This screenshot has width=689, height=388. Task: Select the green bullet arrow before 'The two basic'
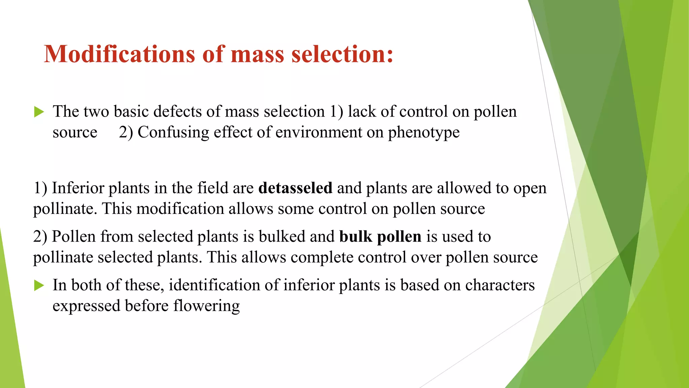point(39,112)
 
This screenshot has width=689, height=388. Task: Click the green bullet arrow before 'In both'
point(39,286)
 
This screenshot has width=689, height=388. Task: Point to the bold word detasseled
point(295,188)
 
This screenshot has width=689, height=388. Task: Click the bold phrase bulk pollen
point(380,236)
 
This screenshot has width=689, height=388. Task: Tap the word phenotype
point(424,132)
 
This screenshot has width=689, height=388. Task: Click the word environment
point(319,132)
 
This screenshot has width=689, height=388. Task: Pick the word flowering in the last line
point(206,306)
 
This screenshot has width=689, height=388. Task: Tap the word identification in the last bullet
point(214,285)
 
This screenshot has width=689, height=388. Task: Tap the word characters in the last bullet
point(500,285)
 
